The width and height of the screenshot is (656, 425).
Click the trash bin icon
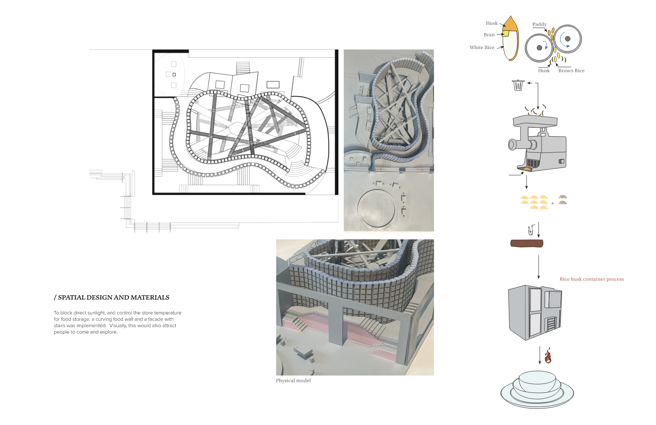(x=518, y=85)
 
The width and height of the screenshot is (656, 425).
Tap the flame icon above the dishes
(x=548, y=356)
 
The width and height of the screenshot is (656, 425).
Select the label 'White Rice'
(x=482, y=48)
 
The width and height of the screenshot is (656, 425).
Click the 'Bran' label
(x=489, y=35)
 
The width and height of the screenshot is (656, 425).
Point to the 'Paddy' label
(x=540, y=24)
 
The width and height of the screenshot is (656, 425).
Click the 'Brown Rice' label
(x=572, y=71)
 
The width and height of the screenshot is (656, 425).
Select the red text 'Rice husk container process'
(x=591, y=279)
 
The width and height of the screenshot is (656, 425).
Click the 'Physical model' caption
(x=293, y=381)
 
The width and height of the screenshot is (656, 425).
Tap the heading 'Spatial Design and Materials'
(x=112, y=298)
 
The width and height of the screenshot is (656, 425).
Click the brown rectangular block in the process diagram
(x=527, y=243)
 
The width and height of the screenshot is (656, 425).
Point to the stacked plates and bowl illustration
(x=537, y=389)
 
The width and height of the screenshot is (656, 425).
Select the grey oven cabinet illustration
(x=535, y=313)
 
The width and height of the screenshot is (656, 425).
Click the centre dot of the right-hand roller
(x=568, y=39)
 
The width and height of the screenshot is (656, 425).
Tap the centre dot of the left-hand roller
(x=539, y=48)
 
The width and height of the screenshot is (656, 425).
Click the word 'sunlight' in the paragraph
(x=96, y=313)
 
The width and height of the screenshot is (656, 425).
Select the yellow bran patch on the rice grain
(x=505, y=34)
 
